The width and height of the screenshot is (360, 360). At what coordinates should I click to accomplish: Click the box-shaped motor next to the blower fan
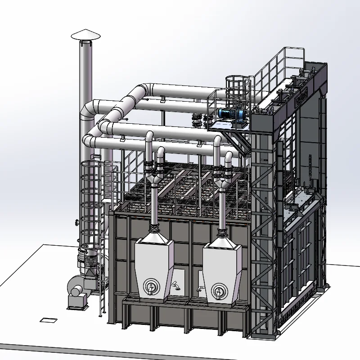(77, 301)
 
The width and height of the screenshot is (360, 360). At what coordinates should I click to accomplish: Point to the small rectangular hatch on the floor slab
(47, 320)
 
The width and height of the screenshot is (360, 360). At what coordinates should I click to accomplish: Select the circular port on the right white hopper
(219, 289)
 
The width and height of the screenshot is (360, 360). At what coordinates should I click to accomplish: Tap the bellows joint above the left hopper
(154, 233)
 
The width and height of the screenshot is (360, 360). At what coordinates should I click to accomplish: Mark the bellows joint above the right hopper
(222, 234)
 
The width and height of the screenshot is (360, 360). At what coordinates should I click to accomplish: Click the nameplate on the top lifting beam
(300, 96)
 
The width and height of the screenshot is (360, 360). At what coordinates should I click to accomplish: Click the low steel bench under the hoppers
(184, 306)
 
